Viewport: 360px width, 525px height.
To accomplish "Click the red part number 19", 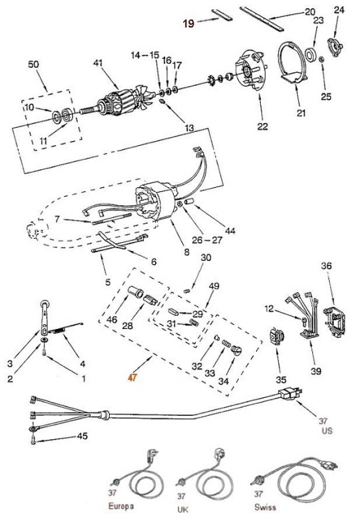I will (188, 23).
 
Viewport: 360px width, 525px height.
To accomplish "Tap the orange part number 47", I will (133, 377).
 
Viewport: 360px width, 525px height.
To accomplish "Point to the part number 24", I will (339, 10).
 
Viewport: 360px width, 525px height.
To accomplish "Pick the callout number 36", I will (326, 266).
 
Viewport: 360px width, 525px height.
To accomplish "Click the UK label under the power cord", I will (183, 509).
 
